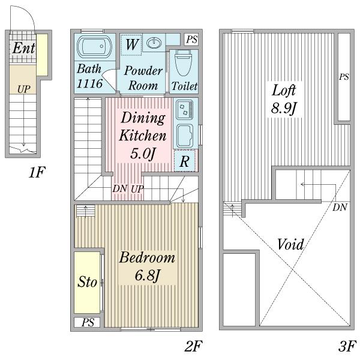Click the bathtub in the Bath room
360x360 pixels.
tap(94, 47)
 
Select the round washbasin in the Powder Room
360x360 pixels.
tap(154, 43)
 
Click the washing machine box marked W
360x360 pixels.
tap(131, 45)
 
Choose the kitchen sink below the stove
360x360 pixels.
tap(184, 136)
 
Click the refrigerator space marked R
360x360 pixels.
tap(185, 161)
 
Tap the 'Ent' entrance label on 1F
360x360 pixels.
tap(23, 48)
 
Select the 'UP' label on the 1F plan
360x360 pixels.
tap(23, 89)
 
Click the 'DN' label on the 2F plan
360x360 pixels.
tap(119, 189)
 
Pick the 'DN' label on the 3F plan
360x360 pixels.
tap(340, 208)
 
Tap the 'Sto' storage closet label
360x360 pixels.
tap(87, 282)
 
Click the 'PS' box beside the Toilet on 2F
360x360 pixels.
tap(191, 40)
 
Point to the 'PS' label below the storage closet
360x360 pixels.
tap(88, 322)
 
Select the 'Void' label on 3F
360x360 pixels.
tap(290, 244)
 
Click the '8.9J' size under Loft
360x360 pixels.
tap(284, 108)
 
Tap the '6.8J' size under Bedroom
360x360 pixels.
tap(147, 275)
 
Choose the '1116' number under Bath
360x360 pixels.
tap(89, 83)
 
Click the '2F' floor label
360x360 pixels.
tap(194, 346)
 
